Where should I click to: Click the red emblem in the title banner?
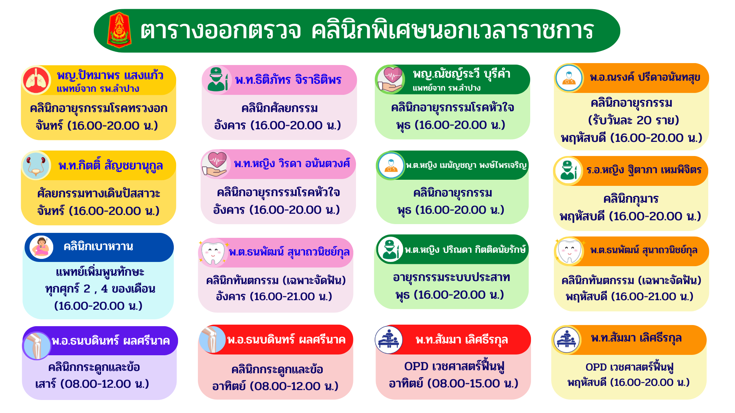click(119, 30)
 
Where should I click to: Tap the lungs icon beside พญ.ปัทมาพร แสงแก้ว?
click(36, 80)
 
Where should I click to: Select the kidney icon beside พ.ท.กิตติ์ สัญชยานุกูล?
click(36, 166)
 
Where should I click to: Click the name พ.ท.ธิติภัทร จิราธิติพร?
click(288, 80)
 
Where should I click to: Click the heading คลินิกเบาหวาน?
click(98, 246)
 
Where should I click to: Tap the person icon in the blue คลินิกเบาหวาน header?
click(42, 247)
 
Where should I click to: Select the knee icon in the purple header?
click(37, 346)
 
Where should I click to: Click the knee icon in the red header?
click(212, 340)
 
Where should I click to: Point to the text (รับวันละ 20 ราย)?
click(634, 120)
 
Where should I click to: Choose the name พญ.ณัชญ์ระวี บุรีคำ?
click(462, 73)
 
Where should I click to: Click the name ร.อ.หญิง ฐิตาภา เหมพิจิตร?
click(644, 170)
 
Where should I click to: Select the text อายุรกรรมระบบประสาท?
click(451, 277)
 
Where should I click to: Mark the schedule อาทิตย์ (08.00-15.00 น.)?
click(454, 383)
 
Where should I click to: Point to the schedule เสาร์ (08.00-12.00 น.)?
click(92, 384)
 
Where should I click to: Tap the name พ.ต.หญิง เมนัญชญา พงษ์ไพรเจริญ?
click(466, 165)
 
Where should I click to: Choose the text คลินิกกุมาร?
click(631, 199)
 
